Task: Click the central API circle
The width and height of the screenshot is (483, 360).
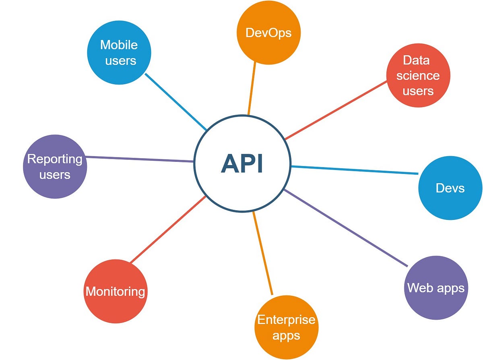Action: pos(242,163)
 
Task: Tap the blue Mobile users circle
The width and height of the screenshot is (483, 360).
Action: pos(119,52)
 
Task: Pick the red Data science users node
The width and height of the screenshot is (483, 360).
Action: pos(418,75)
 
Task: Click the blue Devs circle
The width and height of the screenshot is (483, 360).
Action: pos(450,188)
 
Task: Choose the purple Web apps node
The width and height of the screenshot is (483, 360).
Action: pos(436,288)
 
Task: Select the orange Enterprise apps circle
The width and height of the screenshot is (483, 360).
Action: pos(286,327)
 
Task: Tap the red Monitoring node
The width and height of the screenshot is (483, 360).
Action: pos(115,291)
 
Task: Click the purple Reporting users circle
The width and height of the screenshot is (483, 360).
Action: pos(55,167)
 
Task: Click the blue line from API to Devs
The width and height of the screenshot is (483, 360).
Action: pos(354,170)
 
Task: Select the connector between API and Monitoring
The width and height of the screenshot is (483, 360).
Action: pos(168,230)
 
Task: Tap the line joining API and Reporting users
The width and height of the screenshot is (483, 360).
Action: pos(140,159)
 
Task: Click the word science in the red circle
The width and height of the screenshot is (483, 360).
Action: pos(418,76)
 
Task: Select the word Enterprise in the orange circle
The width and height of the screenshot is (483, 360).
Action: pos(286,320)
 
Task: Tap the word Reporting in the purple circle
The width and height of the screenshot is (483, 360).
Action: pos(55,159)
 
